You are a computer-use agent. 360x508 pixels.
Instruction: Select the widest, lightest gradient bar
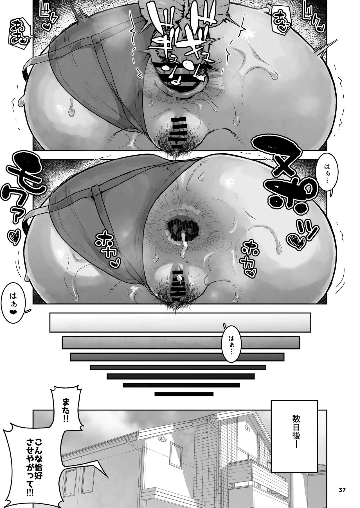180,322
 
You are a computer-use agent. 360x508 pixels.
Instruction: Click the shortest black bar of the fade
184,394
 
